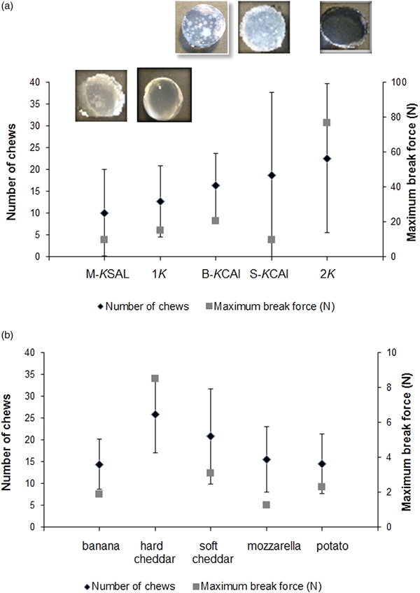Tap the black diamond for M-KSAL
104,213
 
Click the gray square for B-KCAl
216,220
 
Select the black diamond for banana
99,464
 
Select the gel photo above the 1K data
164,94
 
